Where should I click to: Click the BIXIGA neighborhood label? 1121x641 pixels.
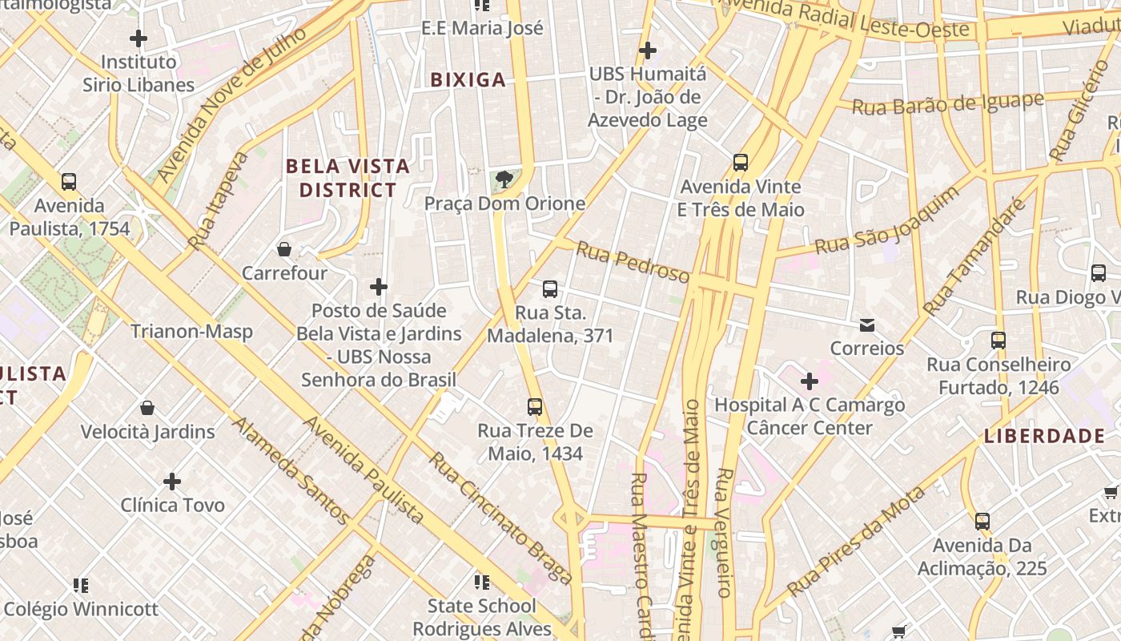[468, 79]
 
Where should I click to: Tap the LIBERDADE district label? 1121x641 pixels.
[1044, 436]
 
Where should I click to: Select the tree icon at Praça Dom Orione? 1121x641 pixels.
[504, 179]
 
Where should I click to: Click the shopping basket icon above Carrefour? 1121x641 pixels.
[283, 249]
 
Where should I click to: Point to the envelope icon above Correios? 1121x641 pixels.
[866, 325]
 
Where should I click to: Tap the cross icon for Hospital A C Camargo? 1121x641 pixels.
[810, 381]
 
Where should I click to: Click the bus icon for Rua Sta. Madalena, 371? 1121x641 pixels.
[550, 288]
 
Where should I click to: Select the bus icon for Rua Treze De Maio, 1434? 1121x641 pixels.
[535, 406]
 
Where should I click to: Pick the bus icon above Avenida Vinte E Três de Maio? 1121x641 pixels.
[741, 163]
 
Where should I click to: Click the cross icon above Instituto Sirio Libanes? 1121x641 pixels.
[139, 38]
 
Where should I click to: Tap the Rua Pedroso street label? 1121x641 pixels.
[633, 263]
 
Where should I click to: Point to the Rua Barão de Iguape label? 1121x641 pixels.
[947, 104]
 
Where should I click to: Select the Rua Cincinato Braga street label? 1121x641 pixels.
[501, 518]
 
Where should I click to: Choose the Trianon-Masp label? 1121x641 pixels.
[191, 331]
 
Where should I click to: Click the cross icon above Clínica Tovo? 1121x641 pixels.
[172, 481]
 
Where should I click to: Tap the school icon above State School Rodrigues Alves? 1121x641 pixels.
[481, 582]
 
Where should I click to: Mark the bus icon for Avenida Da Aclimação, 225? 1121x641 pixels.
[982, 521]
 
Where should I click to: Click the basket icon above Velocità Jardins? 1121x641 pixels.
[147, 408]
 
